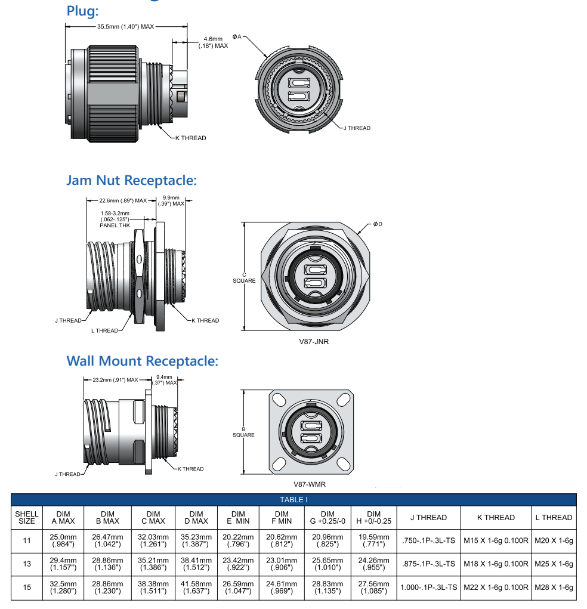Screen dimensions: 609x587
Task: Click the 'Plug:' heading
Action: tap(82, 11)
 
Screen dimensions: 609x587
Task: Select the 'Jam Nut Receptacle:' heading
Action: tap(131, 180)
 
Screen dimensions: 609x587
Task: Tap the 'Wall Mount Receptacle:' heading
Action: tap(142, 361)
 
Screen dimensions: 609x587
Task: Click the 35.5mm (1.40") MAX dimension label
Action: tap(126, 27)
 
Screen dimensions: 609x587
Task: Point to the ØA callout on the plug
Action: tap(237, 37)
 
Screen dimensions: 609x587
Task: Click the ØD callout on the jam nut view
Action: tap(377, 224)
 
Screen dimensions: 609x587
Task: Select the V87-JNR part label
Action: tap(314, 342)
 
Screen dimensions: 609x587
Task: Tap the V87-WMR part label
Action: tap(310, 484)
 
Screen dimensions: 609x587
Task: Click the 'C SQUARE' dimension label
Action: tap(243, 277)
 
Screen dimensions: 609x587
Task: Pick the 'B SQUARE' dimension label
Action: tap(243, 432)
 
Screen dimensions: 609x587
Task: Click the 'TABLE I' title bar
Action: tap(293, 500)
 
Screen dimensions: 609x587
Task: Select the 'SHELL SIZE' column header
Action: tap(27, 517)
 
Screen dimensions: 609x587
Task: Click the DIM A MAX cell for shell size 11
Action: tap(63, 540)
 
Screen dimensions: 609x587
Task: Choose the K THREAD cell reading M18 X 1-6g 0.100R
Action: tap(496, 564)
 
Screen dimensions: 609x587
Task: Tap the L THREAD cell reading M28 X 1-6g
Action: tap(554, 588)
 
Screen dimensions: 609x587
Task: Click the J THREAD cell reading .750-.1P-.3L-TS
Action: tap(428, 540)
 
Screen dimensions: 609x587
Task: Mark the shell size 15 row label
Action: tap(27, 588)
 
